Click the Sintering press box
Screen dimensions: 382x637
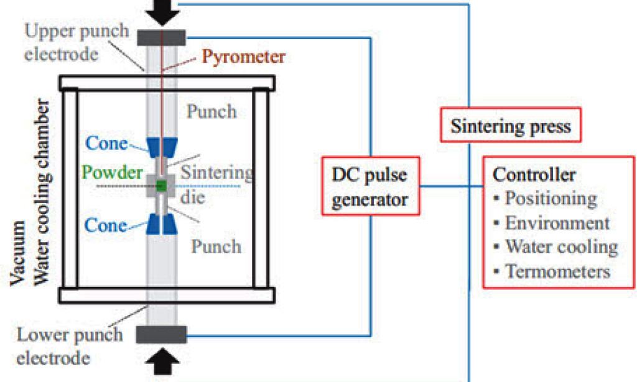[510, 126]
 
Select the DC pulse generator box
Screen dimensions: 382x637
[370, 187]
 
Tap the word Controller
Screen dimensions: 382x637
[534, 174]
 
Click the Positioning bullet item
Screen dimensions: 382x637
[551, 198]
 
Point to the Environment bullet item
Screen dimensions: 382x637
[557, 223]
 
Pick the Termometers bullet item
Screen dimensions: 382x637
[557, 271]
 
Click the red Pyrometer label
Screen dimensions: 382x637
[243, 57]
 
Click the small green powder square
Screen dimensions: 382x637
[162, 185]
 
